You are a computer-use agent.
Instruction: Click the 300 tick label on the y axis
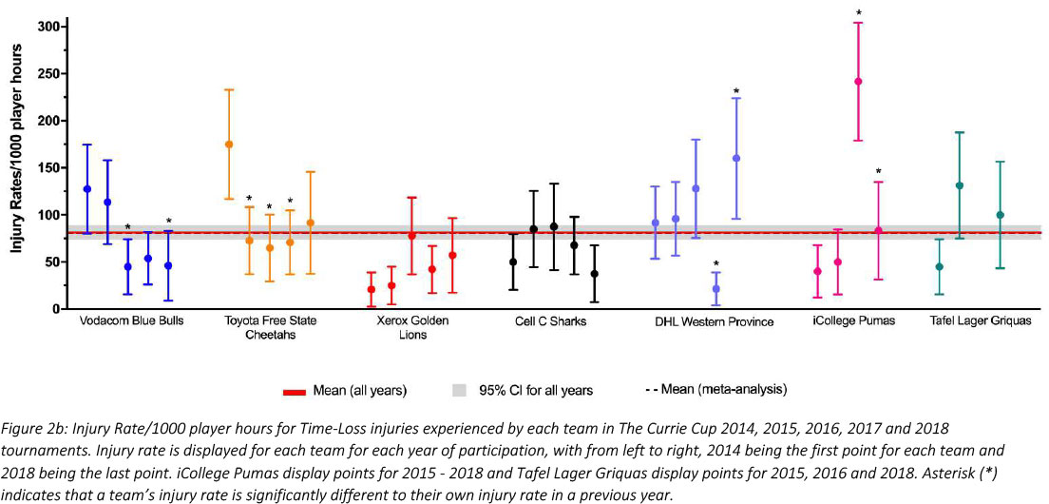point(40,26)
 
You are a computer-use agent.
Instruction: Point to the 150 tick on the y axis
point(40,167)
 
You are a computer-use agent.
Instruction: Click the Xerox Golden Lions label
point(411,327)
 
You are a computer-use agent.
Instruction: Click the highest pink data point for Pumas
point(858,82)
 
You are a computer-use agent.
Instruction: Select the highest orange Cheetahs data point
point(229,145)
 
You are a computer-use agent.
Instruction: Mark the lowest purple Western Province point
point(716,288)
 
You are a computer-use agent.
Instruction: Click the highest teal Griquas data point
point(960,185)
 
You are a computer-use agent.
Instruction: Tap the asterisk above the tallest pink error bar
point(858,13)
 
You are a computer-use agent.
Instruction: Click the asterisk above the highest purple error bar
point(736,91)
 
